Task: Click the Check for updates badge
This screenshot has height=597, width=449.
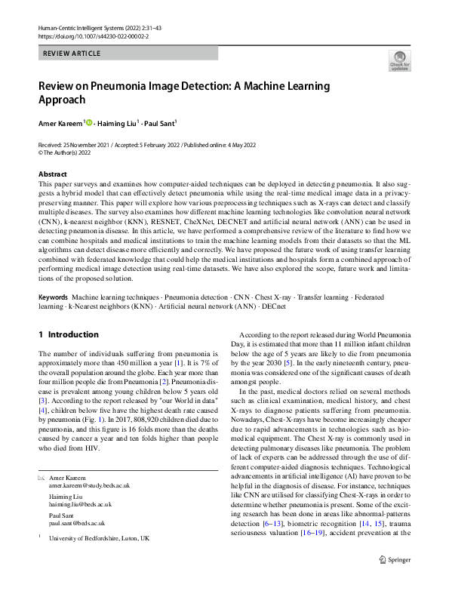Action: (x=398, y=60)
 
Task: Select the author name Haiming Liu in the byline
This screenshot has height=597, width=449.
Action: (x=118, y=122)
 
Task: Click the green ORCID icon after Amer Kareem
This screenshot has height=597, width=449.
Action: (x=89, y=122)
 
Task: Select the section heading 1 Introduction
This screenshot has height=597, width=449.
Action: (x=68, y=334)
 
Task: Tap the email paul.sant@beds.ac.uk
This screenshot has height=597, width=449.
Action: (x=77, y=522)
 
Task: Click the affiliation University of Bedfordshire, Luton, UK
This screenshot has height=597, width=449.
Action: (x=99, y=539)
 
